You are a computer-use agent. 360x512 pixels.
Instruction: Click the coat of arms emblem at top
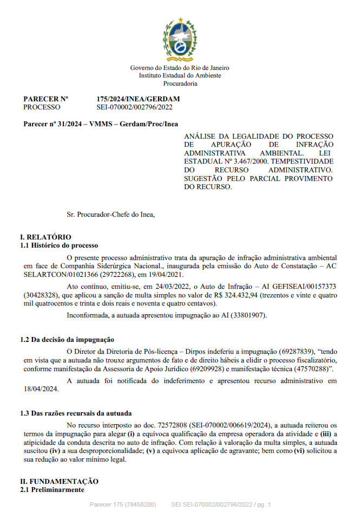[180, 40]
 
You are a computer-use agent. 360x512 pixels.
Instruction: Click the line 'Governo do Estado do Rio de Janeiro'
[180, 68]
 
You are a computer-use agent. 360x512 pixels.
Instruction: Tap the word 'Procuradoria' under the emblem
[180, 83]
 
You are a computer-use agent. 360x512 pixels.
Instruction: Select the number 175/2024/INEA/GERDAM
[138, 99]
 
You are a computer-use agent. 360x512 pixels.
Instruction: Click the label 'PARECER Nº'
[45, 99]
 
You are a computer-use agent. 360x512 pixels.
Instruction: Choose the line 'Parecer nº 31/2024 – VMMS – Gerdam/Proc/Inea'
[101, 124]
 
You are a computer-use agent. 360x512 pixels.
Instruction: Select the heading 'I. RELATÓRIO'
[45, 237]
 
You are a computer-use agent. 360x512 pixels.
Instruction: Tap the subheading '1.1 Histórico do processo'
[59, 245]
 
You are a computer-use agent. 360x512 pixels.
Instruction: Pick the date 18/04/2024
[38, 388]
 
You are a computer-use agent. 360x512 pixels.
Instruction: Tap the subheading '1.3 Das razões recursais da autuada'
[76, 413]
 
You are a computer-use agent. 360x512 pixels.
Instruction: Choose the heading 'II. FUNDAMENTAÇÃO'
[59, 481]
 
